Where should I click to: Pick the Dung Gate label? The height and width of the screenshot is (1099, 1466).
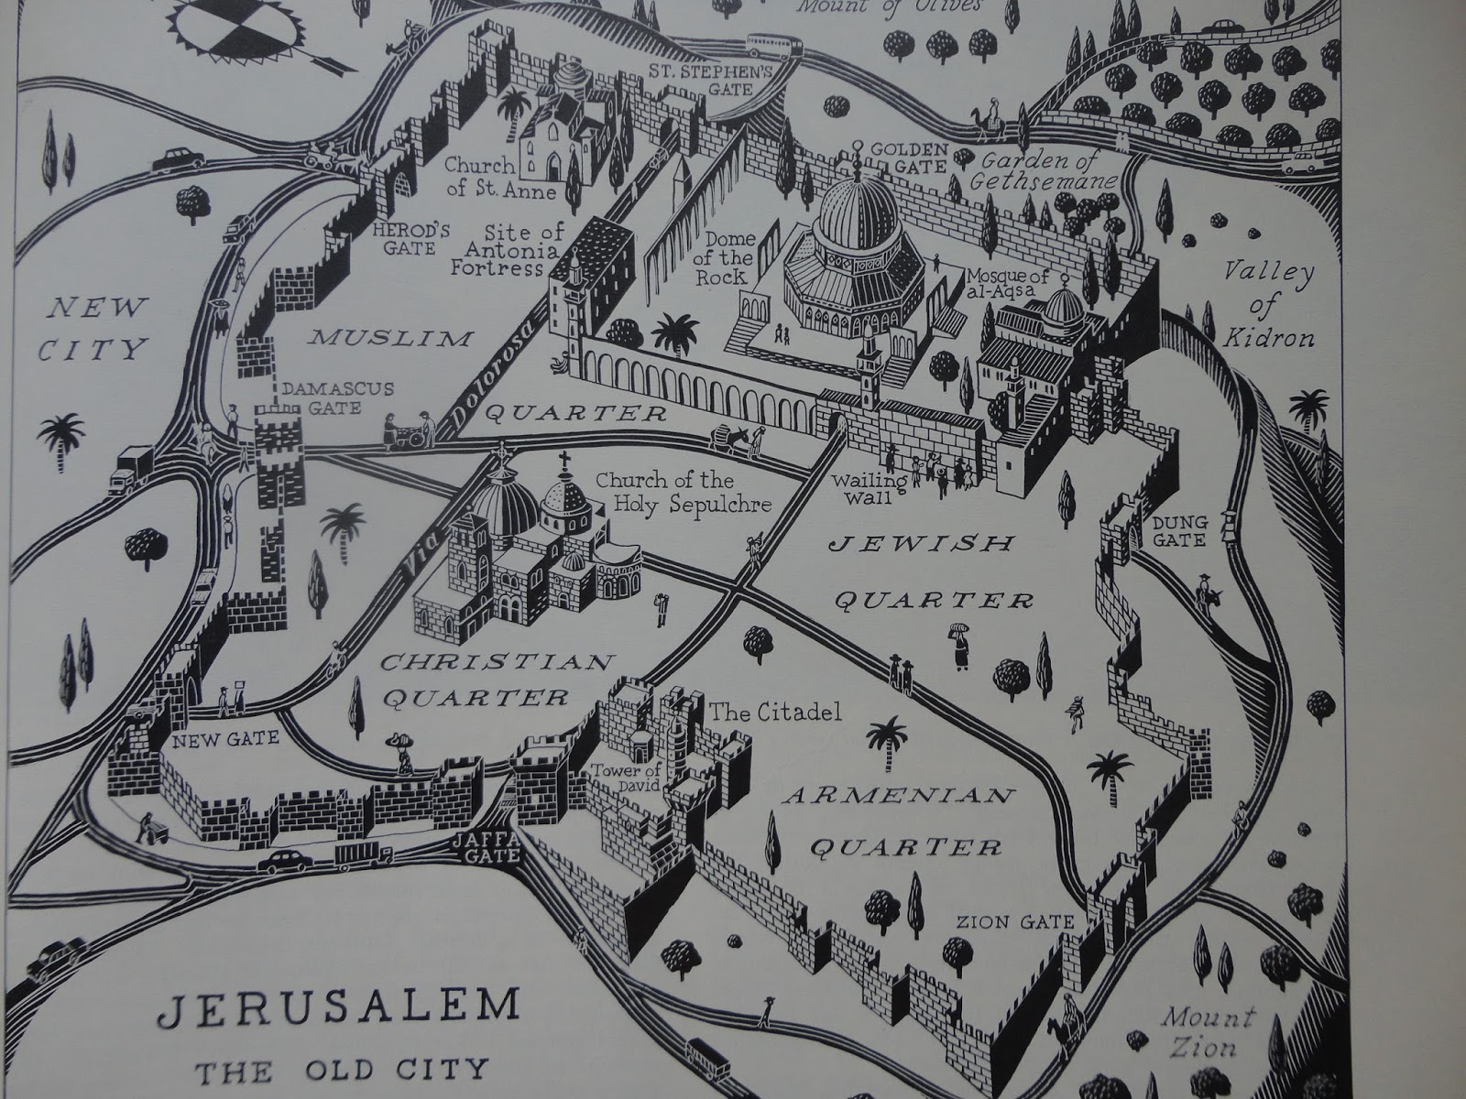click(1179, 530)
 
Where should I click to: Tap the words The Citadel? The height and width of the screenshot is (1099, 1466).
click(774, 712)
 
